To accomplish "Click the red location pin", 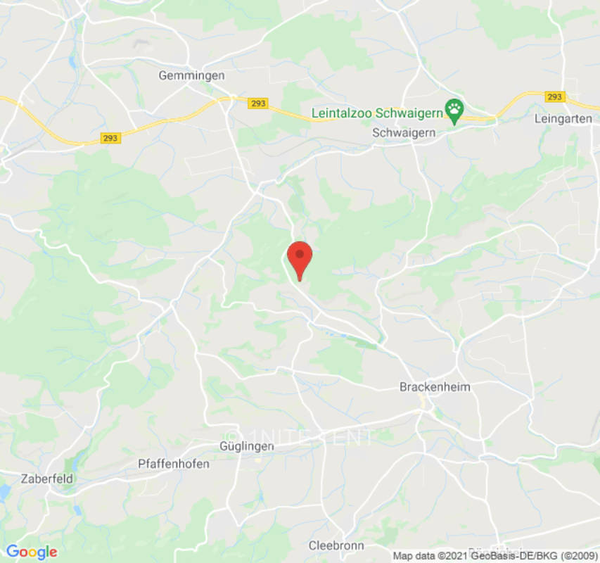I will coord(300,259).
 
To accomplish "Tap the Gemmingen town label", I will coord(191,75).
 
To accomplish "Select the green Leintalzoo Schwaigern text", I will coord(376,113).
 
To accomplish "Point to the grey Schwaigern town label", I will coord(404,132).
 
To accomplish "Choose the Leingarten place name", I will coord(563,118).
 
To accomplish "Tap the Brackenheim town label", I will coord(435,386).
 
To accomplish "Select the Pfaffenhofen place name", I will coord(163,464).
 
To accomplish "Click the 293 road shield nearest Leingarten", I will coord(554,96).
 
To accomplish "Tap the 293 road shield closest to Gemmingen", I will coord(258,103).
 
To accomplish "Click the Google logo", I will coord(31,552).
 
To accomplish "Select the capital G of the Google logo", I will coord(12,552).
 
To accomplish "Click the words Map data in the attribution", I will coord(414,555).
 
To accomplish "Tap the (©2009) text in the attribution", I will coord(575,555).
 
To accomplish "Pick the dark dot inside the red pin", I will coord(300,253).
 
